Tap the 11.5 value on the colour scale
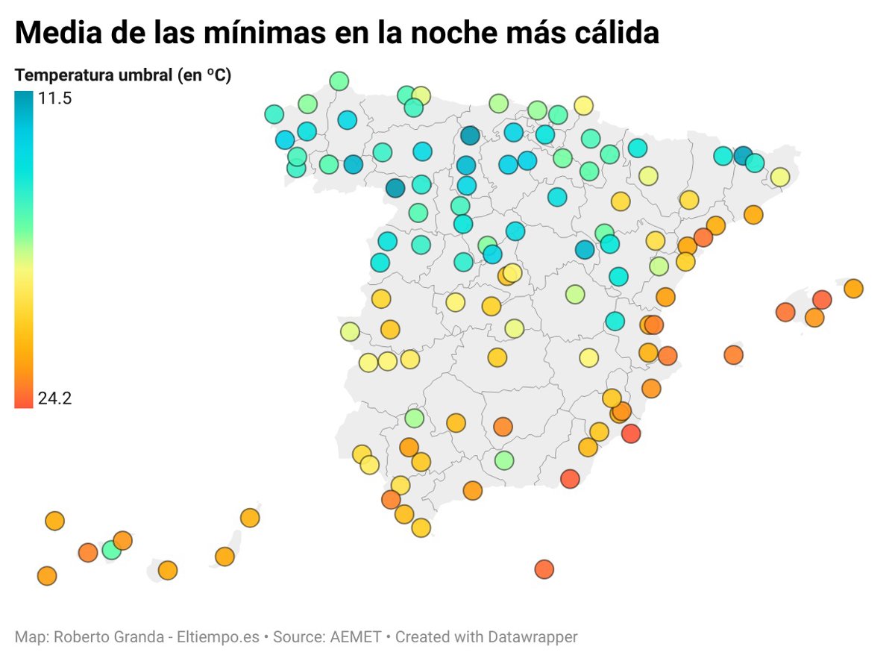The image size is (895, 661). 54,98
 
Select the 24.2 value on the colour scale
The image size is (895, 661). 54,398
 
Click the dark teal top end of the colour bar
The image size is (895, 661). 23,97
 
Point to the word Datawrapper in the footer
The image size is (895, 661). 533,637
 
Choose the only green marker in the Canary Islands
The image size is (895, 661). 112,551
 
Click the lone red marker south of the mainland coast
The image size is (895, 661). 544,569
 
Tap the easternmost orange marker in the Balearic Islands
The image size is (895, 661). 853,289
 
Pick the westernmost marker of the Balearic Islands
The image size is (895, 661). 734,355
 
